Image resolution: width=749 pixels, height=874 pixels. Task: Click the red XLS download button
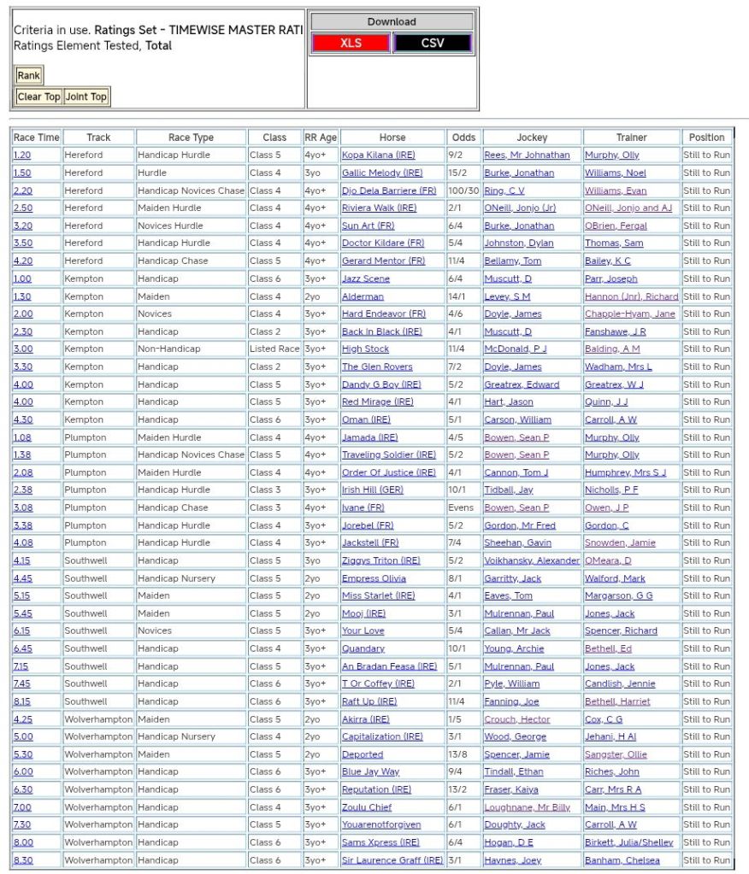click(351, 44)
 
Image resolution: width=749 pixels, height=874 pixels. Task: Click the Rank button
click(28, 76)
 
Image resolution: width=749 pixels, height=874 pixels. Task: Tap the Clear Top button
click(39, 97)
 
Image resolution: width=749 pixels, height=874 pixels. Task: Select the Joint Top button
click(86, 97)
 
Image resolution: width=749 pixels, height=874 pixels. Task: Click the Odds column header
click(463, 138)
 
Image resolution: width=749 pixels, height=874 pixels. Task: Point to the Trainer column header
click(631, 138)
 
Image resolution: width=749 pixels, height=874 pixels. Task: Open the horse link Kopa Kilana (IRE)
click(378, 155)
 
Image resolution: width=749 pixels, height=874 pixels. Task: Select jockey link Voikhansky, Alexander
click(531, 560)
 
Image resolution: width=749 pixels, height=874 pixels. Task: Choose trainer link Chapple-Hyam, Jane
click(629, 314)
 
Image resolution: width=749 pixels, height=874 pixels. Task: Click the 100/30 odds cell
click(463, 191)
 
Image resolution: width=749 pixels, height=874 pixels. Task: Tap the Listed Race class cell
click(274, 349)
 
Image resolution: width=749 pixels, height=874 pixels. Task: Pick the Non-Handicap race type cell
click(167, 349)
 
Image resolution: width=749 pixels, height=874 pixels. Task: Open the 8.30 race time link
click(23, 860)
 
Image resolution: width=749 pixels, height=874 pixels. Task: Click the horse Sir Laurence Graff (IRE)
click(392, 860)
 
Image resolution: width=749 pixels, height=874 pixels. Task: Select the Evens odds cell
click(462, 507)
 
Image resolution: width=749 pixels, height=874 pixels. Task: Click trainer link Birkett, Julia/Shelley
click(628, 842)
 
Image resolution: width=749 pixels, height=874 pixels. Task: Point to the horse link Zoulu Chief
click(367, 807)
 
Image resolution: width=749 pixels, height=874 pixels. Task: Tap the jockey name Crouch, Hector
click(516, 719)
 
